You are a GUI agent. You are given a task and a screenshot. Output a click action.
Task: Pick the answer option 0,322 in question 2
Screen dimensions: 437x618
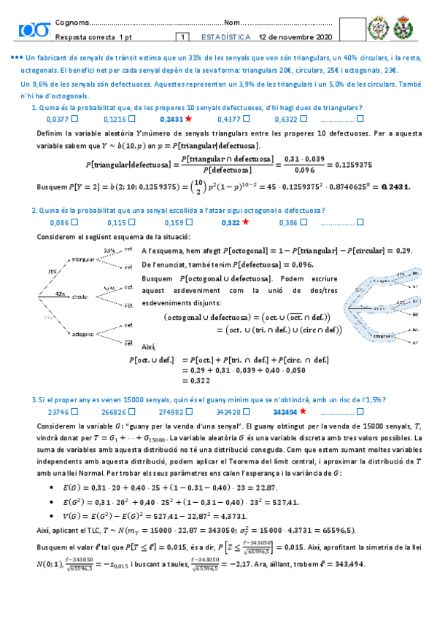[x=231, y=222]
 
